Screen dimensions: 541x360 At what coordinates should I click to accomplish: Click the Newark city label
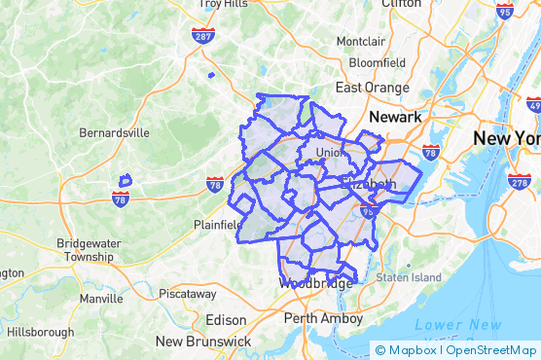pos(395,117)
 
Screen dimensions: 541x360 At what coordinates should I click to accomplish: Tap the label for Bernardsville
pos(114,131)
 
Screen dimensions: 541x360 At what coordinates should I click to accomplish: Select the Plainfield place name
pos(218,225)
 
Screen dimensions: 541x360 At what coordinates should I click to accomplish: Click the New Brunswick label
pos(203,342)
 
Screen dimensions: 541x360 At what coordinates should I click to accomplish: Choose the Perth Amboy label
pos(322,318)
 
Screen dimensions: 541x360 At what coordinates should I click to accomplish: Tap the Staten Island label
pos(409,277)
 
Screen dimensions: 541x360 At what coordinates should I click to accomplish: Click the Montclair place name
pos(361,42)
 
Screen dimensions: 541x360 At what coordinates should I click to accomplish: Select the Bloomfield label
pos(377,62)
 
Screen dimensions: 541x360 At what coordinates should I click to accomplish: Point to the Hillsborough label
pos(40,332)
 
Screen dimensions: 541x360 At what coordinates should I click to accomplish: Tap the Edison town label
pos(227,320)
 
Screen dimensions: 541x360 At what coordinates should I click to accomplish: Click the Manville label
pos(101,299)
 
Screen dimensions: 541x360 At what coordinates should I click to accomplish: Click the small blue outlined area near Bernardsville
pos(125,180)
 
